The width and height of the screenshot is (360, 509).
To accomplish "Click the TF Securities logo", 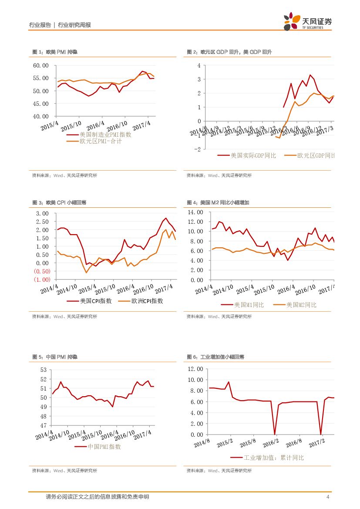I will pos(307,21).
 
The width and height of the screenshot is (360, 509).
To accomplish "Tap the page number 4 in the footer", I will pos(327,497).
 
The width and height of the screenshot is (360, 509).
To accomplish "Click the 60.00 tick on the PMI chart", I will pos(41,66).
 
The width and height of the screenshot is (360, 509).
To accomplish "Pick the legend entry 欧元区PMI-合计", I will pos(101,141).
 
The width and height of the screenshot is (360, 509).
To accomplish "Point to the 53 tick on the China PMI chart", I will pos(43,370).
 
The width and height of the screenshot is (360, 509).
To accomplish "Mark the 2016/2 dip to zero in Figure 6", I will pos(275,434).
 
